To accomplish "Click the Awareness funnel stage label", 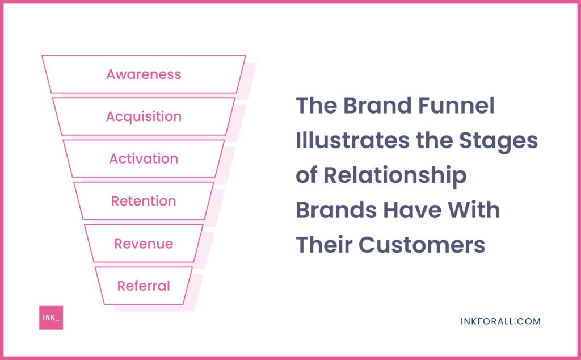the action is point(144,74).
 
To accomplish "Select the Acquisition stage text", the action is point(144,117).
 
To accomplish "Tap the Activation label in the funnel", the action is point(144,158).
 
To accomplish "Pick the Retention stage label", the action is point(144,201).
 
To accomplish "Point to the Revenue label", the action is point(144,244).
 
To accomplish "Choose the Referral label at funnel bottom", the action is point(144,286).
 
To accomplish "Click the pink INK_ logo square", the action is point(51,318).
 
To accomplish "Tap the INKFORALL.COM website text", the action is point(500,321).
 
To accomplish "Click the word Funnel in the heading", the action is point(456,105).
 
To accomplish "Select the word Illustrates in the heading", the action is point(353,140).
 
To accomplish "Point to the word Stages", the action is point(498,141).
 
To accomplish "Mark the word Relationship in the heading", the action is point(395,176).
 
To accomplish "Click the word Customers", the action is point(422,245).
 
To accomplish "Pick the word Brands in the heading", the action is point(336,210).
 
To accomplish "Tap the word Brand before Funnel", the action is point(377,105).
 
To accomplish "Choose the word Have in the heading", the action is point(412,210).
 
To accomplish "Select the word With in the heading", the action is point(474,210).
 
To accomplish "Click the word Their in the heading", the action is point(324,245).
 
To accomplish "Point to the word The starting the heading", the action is point(316,105).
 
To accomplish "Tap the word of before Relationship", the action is point(306,175).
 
